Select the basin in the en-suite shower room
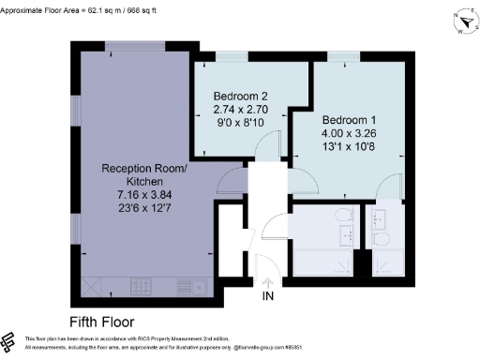pyautogui.click(x=380, y=217)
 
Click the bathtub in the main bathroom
pyautogui.click(x=323, y=263)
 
